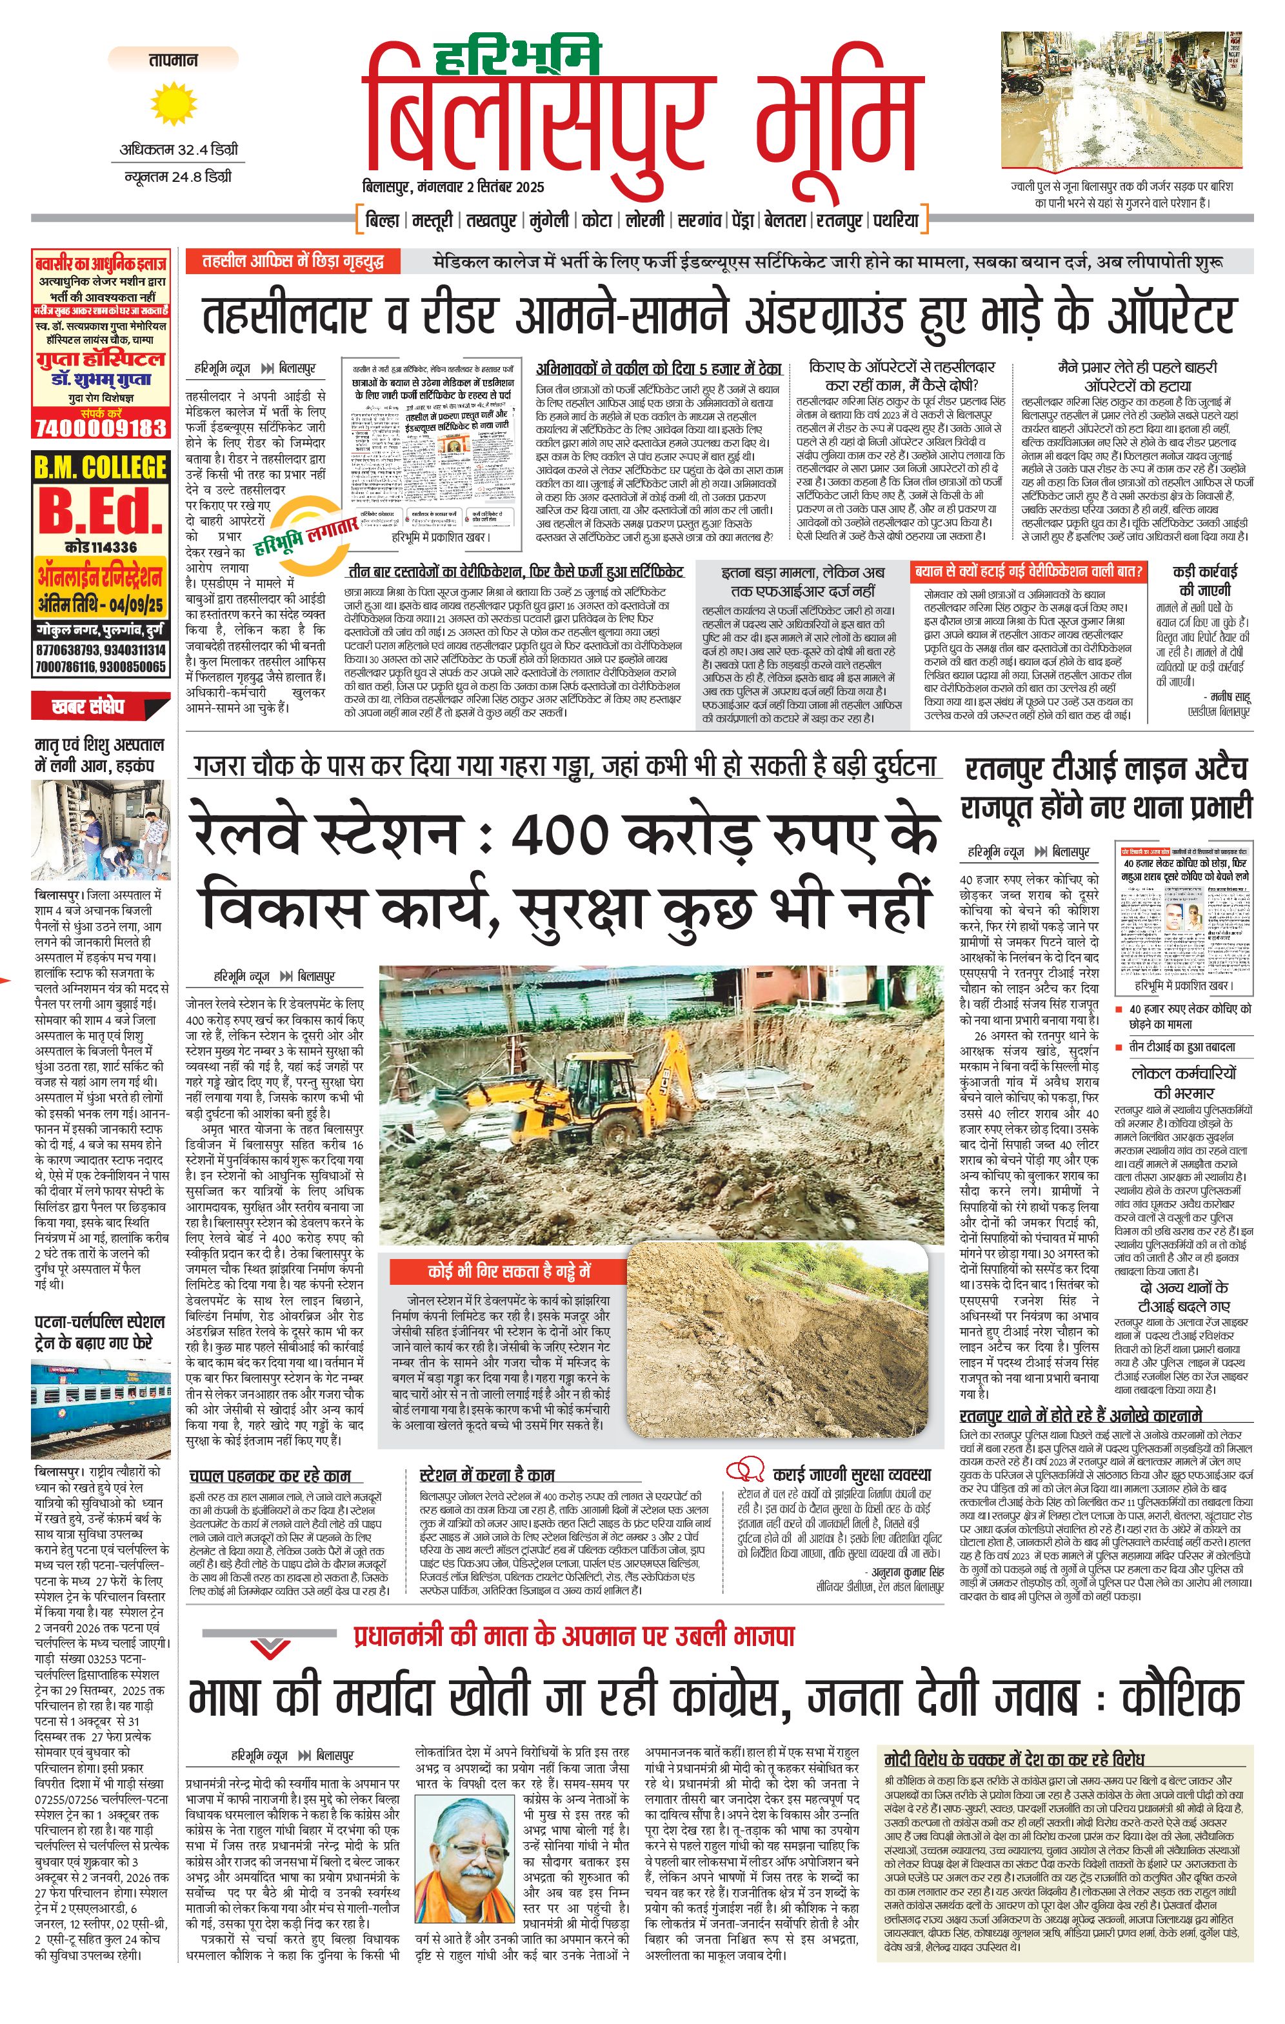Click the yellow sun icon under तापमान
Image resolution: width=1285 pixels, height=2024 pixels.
pos(173,104)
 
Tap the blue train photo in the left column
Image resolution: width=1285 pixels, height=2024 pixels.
pos(100,1411)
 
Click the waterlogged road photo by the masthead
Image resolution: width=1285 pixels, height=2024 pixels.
pos(1121,100)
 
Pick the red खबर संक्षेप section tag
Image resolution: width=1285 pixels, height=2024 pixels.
pos(88,707)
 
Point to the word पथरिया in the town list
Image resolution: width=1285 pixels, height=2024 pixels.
pos(896,221)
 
